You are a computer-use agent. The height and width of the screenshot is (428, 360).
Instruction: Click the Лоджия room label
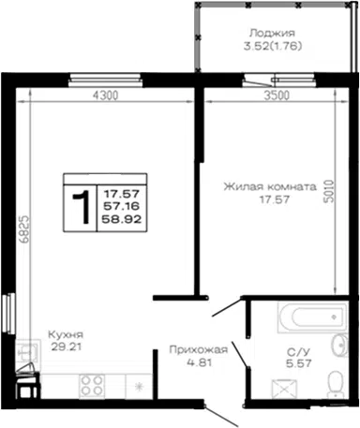(272, 33)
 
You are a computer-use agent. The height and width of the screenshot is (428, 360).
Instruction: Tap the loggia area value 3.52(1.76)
(273, 46)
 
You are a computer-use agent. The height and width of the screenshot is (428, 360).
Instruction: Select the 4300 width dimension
(105, 96)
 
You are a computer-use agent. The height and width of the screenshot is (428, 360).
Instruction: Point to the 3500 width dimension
(277, 96)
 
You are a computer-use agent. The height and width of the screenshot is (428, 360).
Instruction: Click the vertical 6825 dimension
(24, 229)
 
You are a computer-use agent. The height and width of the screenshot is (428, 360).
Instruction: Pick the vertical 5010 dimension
(329, 191)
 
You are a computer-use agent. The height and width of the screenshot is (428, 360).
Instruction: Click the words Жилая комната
(270, 186)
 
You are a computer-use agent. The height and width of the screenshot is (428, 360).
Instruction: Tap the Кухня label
(66, 334)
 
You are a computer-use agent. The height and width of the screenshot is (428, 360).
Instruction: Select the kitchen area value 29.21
(67, 347)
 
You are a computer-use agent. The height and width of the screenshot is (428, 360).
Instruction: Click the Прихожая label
(199, 349)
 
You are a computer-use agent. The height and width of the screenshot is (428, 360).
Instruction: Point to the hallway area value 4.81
(200, 362)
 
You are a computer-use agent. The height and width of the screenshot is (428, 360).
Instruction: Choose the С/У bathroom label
(299, 352)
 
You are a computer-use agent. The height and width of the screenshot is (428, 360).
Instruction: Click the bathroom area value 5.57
(299, 363)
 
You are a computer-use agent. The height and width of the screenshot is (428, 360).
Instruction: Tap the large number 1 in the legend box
(82, 208)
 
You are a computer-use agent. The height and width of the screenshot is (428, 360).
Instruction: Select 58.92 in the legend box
(122, 219)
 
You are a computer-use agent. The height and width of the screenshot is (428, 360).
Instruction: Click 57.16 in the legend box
(122, 206)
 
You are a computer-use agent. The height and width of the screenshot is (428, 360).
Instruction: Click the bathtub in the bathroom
(312, 317)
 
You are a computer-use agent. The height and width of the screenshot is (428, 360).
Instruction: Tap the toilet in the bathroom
(335, 385)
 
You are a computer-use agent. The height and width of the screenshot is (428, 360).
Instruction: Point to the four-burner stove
(92, 386)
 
